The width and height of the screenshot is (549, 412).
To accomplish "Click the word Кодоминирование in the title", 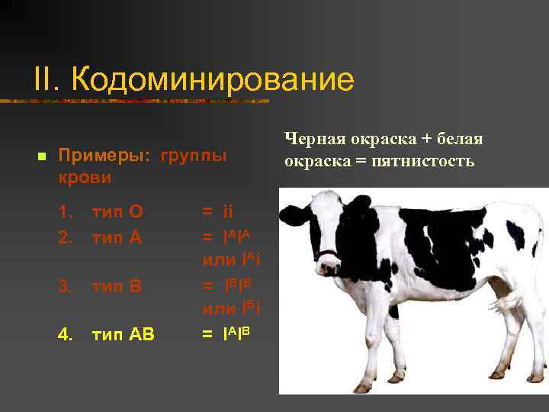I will tap(213, 80).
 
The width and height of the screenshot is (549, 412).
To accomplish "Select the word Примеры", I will tap(105, 156).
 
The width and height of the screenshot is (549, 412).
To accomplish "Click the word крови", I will tap(85, 178).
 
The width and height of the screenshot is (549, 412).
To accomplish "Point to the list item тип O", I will tap(117, 211).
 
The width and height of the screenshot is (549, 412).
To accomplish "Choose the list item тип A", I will tap(117, 237).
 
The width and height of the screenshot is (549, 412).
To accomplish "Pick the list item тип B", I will tap(117, 286).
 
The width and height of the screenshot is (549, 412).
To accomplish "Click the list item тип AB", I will tap(123, 334).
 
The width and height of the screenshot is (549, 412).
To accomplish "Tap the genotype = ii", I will tap(217, 211).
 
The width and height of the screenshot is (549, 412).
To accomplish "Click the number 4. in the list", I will tap(66, 334).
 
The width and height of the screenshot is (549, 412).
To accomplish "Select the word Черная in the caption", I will tap(315, 139).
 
